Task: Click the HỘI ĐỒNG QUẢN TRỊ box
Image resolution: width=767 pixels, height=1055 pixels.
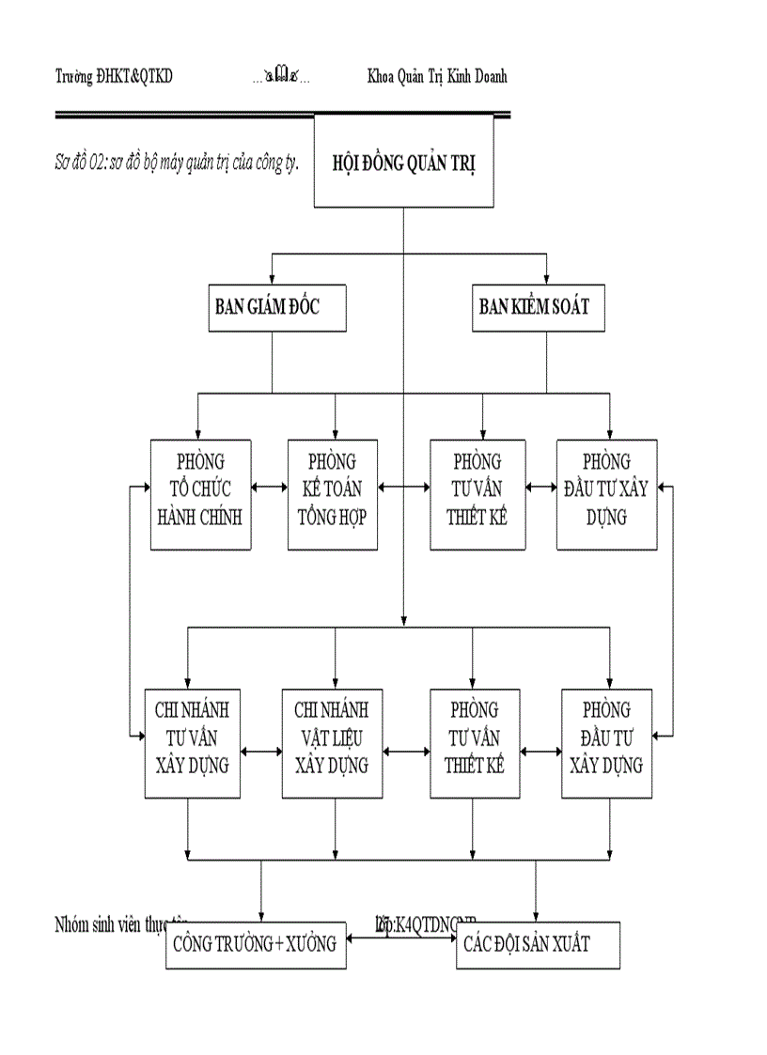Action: coord(403,161)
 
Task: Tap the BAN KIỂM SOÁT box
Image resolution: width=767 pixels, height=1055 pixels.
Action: coord(534,306)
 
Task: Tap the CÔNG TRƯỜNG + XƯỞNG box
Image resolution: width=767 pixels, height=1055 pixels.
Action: coord(255,944)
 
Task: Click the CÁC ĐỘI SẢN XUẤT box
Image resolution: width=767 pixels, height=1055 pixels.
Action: coord(538,944)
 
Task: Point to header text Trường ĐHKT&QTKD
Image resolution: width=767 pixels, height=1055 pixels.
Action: coord(114,77)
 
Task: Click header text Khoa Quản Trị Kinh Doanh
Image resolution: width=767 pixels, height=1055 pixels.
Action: coord(437,77)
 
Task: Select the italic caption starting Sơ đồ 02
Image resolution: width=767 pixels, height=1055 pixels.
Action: coord(177,162)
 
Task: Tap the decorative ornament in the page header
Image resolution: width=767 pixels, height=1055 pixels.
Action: coord(281,78)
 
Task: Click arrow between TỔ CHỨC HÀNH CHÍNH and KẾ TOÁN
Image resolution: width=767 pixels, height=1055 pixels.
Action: coord(269,489)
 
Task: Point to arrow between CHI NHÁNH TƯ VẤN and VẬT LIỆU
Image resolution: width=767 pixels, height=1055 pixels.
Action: coord(262,752)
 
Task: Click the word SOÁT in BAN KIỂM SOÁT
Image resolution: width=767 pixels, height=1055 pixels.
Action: coord(568,306)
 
